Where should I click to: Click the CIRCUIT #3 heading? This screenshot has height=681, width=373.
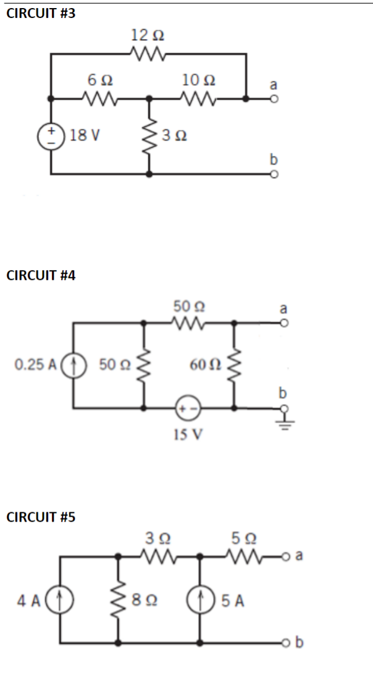click(x=41, y=14)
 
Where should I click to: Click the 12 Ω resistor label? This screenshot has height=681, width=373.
click(x=148, y=35)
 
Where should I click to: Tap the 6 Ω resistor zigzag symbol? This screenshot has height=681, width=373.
click(x=98, y=98)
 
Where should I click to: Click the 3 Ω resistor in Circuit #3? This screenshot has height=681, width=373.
click(x=148, y=136)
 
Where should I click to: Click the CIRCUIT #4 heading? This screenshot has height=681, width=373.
click(x=41, y=276)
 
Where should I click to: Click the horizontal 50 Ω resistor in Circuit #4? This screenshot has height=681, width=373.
click(x=189, y=322)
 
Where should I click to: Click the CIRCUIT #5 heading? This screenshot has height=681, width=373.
click(x=41, y=517)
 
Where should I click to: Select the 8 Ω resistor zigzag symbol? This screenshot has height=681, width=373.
click(x=119, y=599)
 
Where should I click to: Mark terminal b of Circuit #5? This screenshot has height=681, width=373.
click(x=288, y=643)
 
